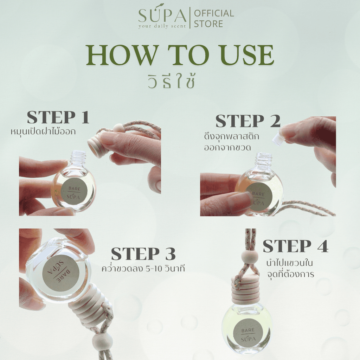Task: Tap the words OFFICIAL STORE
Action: coord(214,18)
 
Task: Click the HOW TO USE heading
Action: coord(180,55)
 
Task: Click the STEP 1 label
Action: coord(58,117)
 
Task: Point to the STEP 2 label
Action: coord(248,121)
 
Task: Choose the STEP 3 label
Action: coord(143,254)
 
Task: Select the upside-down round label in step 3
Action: coord(60,273)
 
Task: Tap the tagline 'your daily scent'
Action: coord(162,26)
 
